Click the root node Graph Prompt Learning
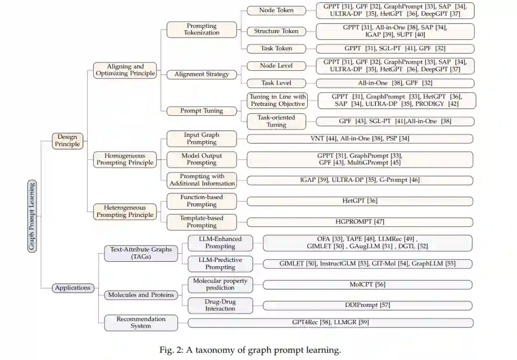32,216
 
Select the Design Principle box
67,140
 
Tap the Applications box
73,288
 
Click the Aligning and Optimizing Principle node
125,70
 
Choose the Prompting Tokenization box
202,29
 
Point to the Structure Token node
276,31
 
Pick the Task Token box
276,48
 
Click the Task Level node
276,83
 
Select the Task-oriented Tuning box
276,121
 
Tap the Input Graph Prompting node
202,138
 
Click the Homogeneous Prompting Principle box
125,159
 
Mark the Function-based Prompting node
202,201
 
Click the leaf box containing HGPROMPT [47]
360,222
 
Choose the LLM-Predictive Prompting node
220,263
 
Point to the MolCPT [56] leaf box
367,284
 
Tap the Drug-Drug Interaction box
220,305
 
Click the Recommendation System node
141,322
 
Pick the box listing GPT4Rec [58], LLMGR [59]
330,323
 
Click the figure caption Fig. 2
250,350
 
